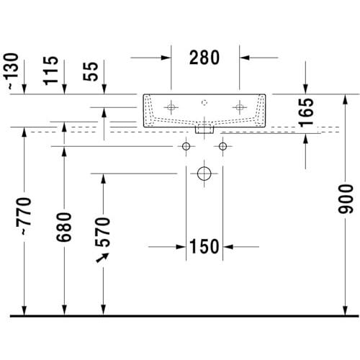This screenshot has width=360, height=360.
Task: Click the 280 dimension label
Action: point(204,58)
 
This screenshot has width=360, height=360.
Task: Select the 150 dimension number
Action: point(204,246)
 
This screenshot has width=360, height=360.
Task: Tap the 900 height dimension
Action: point(346,199)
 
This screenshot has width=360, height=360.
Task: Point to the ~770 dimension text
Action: point(24,216)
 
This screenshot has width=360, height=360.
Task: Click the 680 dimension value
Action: point(64,227)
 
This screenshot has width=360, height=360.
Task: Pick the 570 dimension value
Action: point(102,232)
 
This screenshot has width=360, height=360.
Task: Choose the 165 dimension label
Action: point(306,112)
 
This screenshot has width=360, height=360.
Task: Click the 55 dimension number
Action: point(91,71)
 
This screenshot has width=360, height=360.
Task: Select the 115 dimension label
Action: point(50,71)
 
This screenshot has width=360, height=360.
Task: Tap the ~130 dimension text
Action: point(11,71)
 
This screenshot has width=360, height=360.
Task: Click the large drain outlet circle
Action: point(204,174)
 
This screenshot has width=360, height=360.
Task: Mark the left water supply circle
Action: point(186,146)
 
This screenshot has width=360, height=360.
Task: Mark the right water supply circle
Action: point(222,146)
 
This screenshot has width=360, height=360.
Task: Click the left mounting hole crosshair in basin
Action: point(171,107)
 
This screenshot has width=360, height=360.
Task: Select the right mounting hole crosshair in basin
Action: point(239,107)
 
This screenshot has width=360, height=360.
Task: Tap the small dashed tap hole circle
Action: point(204,102)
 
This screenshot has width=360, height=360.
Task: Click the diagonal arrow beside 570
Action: point(102,258)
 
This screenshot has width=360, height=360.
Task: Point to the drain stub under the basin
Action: point(204,130)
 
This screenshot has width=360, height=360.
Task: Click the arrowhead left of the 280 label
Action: point(166,58)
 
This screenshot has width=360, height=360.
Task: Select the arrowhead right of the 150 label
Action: point(228,247)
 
